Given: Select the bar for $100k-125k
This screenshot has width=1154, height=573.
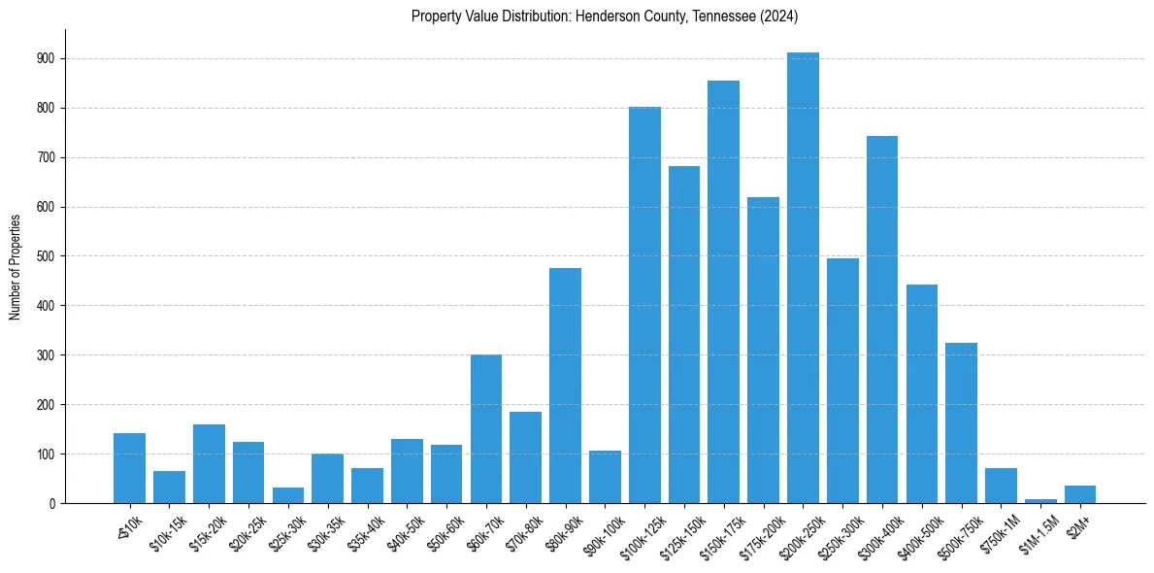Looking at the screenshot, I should point(644,305).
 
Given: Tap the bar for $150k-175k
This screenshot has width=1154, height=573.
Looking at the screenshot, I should point(724,291).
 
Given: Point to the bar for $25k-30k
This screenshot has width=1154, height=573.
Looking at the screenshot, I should point(288,495).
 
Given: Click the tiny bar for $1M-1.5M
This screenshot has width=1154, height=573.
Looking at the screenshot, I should point(1040,500).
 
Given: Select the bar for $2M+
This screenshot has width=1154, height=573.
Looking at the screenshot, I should point(1080,494).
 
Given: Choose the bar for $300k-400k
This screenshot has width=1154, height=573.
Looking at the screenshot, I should point(882,320).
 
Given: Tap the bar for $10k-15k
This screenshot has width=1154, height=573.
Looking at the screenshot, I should point(169,487).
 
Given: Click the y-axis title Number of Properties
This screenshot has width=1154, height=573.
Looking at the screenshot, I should point(15,267).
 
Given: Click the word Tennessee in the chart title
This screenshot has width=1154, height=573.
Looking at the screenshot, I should point(723,17).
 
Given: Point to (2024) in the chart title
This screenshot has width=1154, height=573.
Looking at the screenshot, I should point(779,17).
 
